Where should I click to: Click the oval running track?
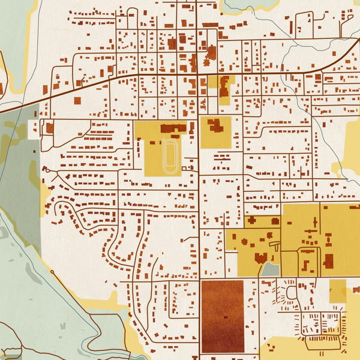pos(170,157)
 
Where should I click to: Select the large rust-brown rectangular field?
pos(222,316)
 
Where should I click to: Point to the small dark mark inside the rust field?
pos(226,317)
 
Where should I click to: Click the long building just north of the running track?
pos(173,128)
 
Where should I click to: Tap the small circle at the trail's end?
pos(53,272)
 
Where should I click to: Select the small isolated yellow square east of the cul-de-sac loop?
pos(338,290)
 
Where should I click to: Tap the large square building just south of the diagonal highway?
pos(77,101)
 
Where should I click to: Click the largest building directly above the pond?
pos(261,258)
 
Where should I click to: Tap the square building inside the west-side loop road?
pos(50,128)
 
